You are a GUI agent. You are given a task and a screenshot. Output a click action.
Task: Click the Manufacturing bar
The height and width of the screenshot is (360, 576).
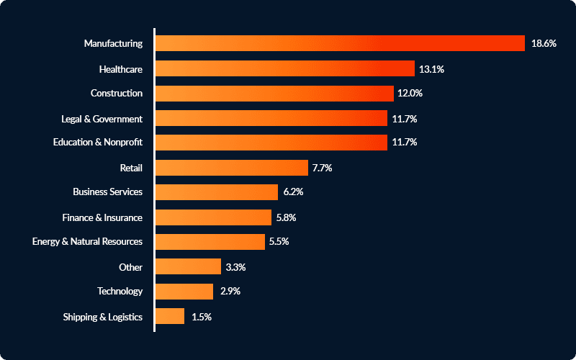[x=340, y=43]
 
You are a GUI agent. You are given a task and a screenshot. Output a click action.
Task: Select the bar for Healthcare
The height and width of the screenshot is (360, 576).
[x=285, y=68]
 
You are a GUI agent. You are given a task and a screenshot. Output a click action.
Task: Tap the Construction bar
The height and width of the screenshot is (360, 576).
[x=274, y=93]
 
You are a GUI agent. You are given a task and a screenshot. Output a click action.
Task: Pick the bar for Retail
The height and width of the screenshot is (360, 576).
[x=232, y=168]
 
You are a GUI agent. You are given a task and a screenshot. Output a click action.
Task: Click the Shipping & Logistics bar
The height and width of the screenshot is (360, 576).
[x=170, y=316]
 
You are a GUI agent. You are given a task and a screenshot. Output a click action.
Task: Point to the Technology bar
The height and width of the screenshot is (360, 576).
[x=184, y=291]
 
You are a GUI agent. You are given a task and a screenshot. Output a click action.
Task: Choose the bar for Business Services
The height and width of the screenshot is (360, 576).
[x=217, y=192]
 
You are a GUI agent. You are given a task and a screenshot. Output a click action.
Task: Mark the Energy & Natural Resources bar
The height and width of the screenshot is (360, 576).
[x=210, y=241]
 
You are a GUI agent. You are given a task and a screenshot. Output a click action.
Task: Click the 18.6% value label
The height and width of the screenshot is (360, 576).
[x=544, y=43]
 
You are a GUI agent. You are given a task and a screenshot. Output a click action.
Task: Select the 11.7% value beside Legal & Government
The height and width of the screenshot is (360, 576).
[x=405, y=118]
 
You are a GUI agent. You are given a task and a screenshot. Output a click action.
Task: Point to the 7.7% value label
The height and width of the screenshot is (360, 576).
[x=322, y=168]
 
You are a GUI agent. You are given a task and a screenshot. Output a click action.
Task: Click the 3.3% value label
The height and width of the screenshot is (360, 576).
[x=235, y=266]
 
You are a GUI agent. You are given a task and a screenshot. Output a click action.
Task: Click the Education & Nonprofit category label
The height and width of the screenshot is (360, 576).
[x=98, y=143]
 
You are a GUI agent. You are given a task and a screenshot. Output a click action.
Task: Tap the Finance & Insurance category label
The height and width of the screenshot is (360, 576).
[x=102, y=217]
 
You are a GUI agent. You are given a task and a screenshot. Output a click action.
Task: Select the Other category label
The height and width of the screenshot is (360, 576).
[x=131, y=267]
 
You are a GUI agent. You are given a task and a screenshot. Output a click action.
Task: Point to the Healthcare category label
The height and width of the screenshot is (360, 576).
[x=121, y=69]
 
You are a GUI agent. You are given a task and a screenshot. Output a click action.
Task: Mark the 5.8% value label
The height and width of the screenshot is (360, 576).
[x=286, y=217]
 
